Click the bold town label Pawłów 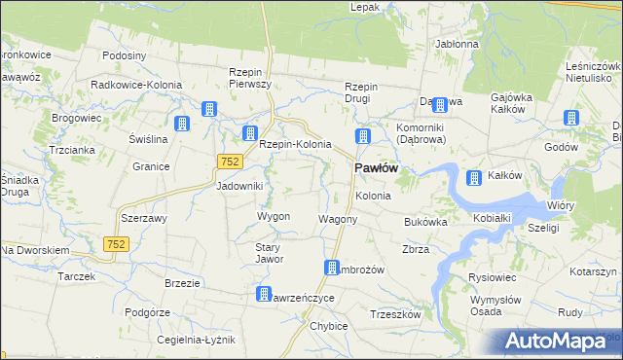coord(373,168)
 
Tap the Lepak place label coord(365,7)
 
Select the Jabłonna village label coord(457,44)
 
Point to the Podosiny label coord(124,55)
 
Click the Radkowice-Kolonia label coord(136,85)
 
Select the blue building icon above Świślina coord(181,123)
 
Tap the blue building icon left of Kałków coord(474,177)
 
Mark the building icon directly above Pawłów coord(363,137)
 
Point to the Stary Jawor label coord(269,253)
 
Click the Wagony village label coord(338,219)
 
